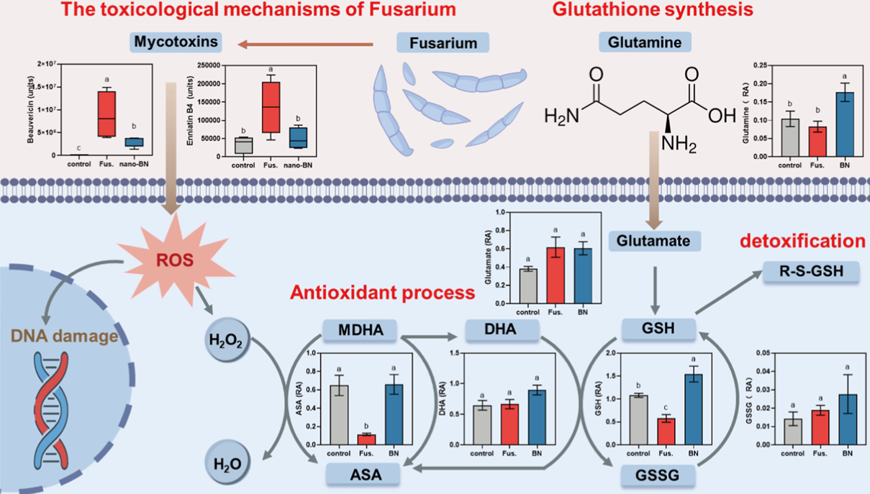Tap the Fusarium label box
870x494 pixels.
tap(443, 43)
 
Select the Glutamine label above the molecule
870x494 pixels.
tap(641, 42)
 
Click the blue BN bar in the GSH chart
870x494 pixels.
tap(693, 410)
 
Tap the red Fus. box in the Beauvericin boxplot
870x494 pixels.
tap(107, 113)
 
